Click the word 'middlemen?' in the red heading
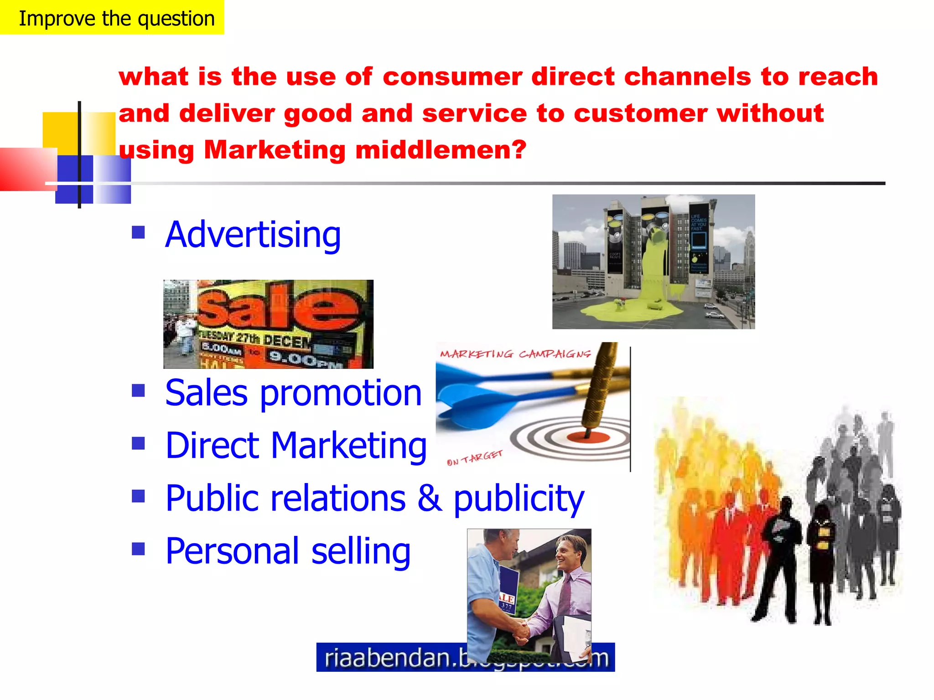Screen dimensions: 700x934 tap(441, 149)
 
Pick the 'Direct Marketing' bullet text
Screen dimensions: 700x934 tap(296, 445)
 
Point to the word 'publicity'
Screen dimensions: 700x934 tap(519, 498)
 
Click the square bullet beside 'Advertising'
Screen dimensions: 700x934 tap(138, 233)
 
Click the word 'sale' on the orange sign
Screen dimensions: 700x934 tap(278, 305)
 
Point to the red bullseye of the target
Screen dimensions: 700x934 tap(588, 437)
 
